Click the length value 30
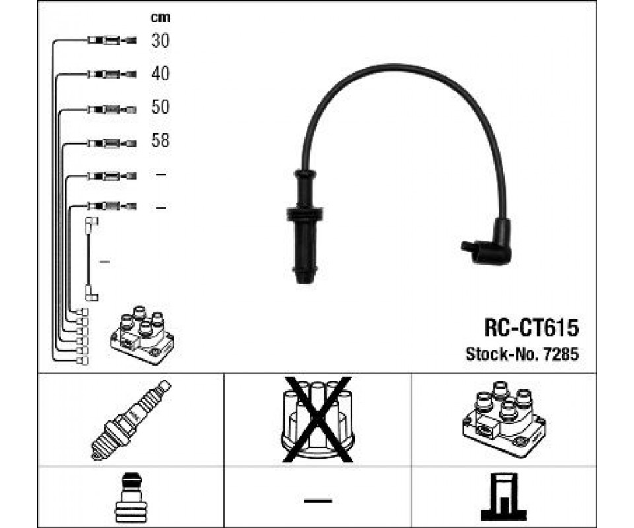pos(160,41)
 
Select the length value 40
pos(160,74)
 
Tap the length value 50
pos(160,107)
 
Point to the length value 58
pos(160,141)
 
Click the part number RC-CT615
pos(532,327)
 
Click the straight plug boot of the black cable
pos(305,228)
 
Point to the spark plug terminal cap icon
pos(131,497)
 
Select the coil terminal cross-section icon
pos(503,497)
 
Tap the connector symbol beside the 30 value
pos(112,41)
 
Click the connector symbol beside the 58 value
pos(112,142)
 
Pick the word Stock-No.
pos(501,354)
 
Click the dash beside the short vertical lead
pos(104,262)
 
